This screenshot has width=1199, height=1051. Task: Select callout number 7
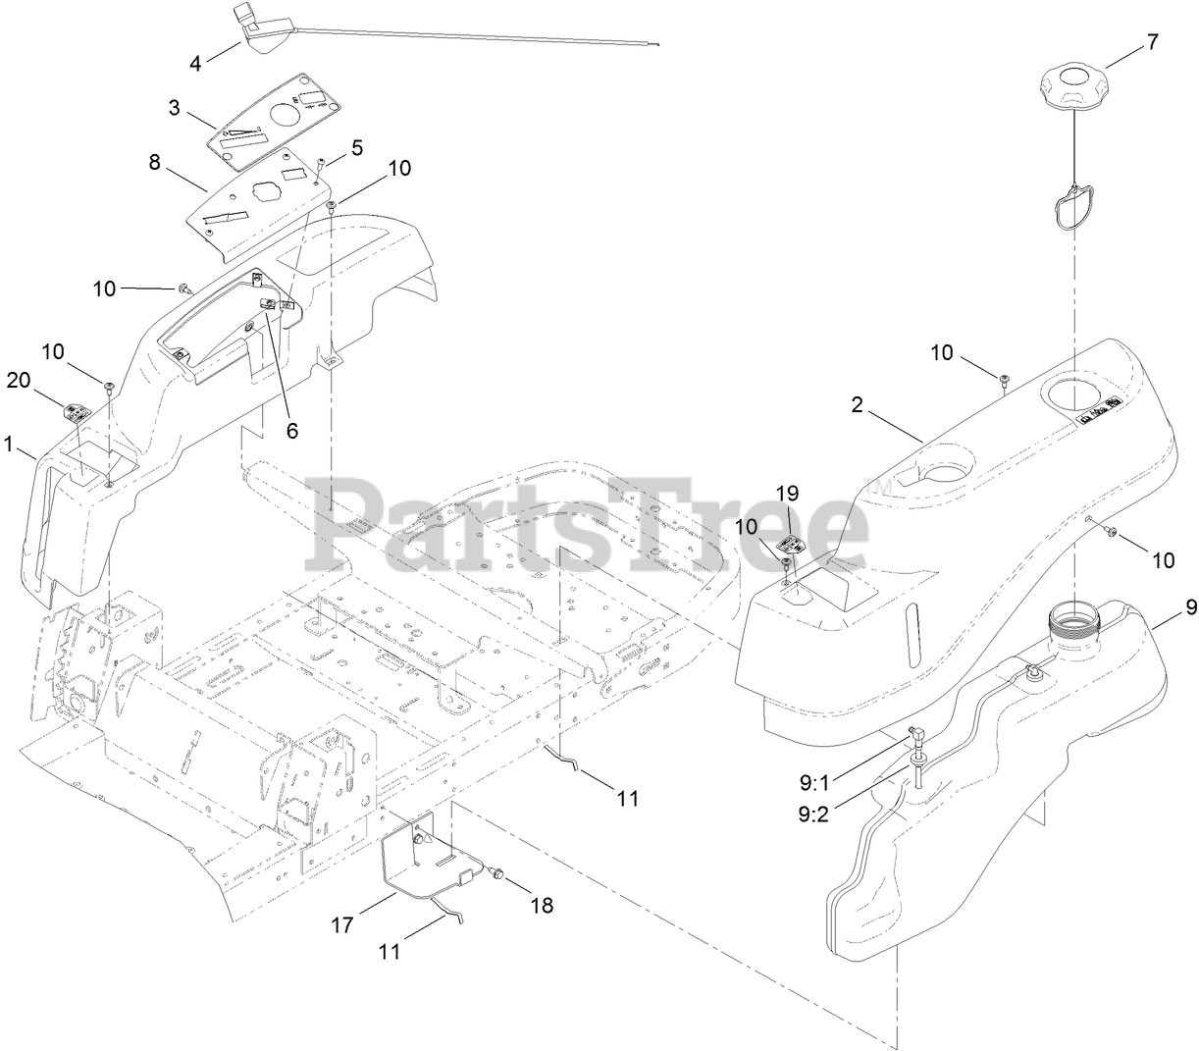pyautogui.click(x=1152, y=42)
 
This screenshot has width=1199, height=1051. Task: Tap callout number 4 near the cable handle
pyautogui.click(x=196, y=63)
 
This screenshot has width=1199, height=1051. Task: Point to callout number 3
pyautogui.click(x=175, y=109)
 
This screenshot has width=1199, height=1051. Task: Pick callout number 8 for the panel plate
pyautogui.click(x=155, y=162)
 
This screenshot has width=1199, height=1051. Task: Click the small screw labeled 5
pyautogui.click(x=321, y=165)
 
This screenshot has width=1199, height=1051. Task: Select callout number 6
pyautogui.click(x=290, y=430)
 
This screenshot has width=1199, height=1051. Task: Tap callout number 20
pyautogui.click(x=19, y=380)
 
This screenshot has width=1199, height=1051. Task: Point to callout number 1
pyautogui.click(x=9, y=444)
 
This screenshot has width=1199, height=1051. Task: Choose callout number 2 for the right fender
pyautogui.click(x=857, y=405)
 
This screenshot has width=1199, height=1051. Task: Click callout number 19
pyautogui.click(x=789, y=493)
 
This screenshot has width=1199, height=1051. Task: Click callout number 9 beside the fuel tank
pyautogui.click(x=1190, y=607)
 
